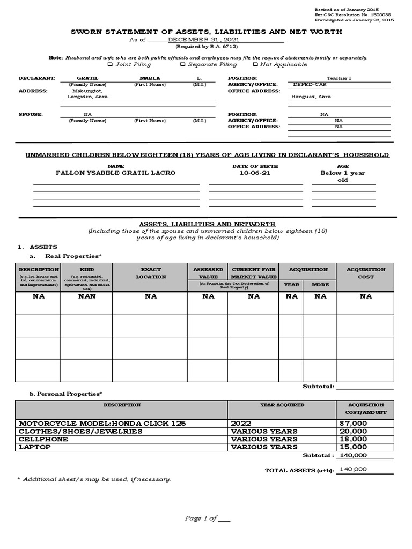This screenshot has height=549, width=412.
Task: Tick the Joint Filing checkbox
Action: click(111, 64)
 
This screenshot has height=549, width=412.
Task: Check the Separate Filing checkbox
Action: click(183, 64)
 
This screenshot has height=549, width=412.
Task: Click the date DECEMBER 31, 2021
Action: click(204, 40)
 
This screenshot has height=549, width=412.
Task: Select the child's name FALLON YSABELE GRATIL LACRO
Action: click(116, 173)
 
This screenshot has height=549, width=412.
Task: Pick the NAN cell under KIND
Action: click(86, 296)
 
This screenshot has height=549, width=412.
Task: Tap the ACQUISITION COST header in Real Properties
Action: click(366, 273)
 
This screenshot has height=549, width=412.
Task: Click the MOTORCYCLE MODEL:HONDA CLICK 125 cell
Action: click(102, 424)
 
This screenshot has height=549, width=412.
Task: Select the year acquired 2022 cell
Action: click(241, 424)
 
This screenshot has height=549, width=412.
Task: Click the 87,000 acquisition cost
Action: click(354, 424)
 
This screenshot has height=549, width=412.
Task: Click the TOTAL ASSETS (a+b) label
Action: click(299, 471)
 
